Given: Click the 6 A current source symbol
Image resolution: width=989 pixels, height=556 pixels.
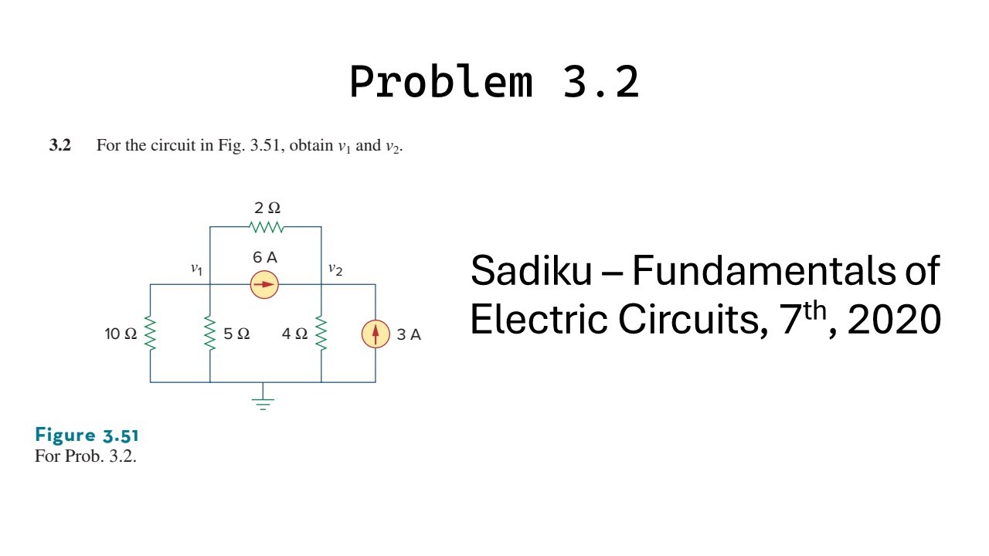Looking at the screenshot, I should [264, 284].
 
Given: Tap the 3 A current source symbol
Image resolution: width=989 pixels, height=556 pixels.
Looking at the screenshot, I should [376, 334].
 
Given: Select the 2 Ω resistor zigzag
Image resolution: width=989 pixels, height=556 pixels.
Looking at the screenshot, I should [267, 227].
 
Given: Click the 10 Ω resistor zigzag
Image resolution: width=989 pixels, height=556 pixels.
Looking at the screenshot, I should [150, 334].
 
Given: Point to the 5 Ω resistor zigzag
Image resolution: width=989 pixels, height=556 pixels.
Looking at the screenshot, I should [209, 334].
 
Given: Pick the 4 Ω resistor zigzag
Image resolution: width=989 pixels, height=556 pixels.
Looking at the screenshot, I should [321, 334].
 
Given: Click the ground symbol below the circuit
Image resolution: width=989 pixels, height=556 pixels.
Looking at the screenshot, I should [263, 401].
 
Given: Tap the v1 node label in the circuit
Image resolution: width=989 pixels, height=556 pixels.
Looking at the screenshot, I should [197, 269].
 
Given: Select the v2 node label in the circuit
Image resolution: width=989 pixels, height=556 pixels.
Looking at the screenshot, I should [335, 269].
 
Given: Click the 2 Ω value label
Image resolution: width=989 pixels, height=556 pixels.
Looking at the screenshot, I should [267, 208].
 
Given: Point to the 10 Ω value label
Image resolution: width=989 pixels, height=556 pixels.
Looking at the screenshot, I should [121, 334].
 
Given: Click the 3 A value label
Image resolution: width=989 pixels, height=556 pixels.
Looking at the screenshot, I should [409, 334].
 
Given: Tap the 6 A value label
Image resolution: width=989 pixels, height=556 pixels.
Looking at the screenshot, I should [264, 257].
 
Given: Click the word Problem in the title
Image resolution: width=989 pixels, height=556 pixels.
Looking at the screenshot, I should [440, 81].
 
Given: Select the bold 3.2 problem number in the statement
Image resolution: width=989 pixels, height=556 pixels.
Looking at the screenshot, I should [60, 145].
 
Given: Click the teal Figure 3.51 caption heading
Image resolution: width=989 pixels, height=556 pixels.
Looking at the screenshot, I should [87, 435].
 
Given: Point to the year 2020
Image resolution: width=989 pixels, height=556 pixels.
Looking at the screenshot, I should [894, 319].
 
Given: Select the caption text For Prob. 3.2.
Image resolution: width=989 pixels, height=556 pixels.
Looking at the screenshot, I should [85, 456].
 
